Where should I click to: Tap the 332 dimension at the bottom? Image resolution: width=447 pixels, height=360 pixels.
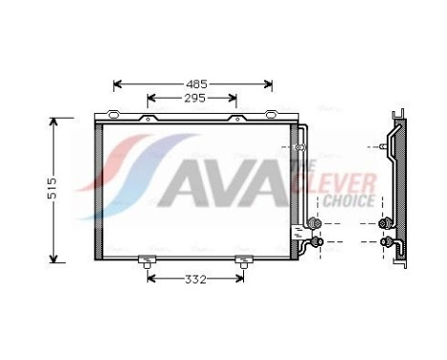click(194, 279)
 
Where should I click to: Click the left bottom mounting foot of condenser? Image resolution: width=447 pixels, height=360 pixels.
click(147, 259)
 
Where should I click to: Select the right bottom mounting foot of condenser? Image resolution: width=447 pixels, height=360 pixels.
click(241, 259)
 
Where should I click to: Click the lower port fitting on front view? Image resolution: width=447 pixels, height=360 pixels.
click(308, 242)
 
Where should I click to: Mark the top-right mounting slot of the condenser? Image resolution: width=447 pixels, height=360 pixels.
click(235, 119)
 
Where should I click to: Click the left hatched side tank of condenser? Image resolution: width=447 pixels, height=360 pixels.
click(100, 188)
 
